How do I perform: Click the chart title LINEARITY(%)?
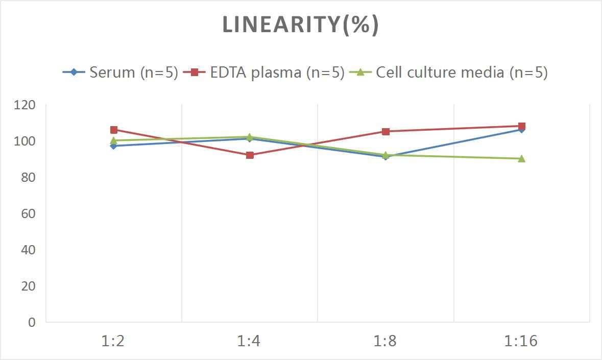tap(300, 25)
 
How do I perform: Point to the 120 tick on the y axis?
tap(25, 105)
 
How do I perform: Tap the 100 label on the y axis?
tap(25, 141)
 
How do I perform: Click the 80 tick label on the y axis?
tap(28, 177)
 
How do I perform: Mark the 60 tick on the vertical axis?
tap(28, 213)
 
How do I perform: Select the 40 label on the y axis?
tap(28, 250)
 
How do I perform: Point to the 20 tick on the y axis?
tap(28, 286)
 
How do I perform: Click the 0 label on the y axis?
tap(32, 322)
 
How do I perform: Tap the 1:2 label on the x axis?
tap(113, 341)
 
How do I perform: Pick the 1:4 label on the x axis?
tap(249, 341)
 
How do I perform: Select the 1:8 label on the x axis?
tap(386, 341)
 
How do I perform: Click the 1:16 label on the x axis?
tap(521, 341)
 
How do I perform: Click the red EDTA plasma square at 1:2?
tap(114, 130)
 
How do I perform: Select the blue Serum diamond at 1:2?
tap(114, 146)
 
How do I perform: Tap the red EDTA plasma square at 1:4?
tap(250, 155)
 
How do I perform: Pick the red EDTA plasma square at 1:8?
tap(386, 132)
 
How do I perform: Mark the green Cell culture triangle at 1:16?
tap(521, 159)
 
